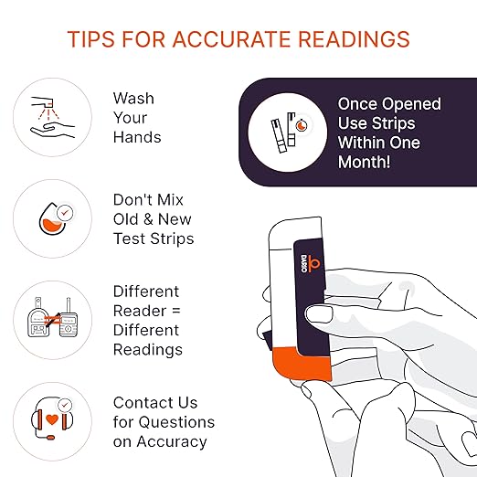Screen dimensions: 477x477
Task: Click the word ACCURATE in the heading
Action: (x=231, y=39)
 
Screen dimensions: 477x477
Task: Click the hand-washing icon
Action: (x=52, y=117)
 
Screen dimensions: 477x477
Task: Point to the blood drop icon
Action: (x=52, y=217)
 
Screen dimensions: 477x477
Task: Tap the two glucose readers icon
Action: (x=52, y=319)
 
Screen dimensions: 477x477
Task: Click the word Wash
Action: (x=133, y=98)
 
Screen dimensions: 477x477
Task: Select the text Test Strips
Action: (x=154, y=238)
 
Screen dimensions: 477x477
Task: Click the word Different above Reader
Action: (x=146, y=291)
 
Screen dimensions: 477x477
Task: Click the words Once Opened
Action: (x=389, y=103)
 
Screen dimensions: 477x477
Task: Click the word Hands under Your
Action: (x=137, y=138)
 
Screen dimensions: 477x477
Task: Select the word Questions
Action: (x=177, y=422)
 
